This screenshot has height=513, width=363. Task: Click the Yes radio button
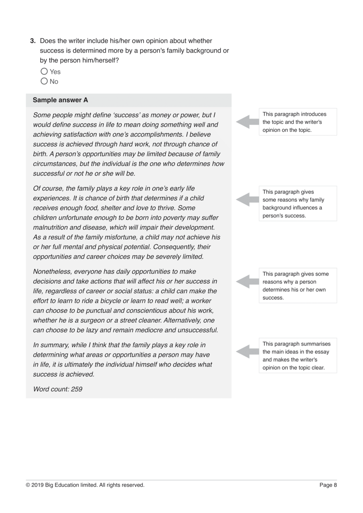(x=44, y=71)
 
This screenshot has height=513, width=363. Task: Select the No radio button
(x=44, y=81)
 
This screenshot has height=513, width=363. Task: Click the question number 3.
(x=33, y=41)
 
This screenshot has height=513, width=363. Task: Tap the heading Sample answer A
(x=60, y=100)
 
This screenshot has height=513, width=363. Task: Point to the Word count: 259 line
(x=58, y=389)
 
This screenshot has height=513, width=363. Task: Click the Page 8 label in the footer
(x=328, y=485)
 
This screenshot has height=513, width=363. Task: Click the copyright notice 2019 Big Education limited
(x=85, y=485)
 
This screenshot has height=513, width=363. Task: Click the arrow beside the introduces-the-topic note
(x=247, y=122)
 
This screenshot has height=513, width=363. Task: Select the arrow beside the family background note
(x=247, y=200)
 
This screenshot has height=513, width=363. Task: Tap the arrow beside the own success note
(x=247, y=282)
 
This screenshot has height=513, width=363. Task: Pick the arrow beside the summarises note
(x=247, y=352)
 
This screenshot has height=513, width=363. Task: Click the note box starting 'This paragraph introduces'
(x=298, y=122)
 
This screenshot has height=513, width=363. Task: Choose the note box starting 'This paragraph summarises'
(x=298, y=356)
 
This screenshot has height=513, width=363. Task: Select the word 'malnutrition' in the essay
(x=50, y=227)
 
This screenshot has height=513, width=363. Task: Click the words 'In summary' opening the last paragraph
(x=51, y=345)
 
